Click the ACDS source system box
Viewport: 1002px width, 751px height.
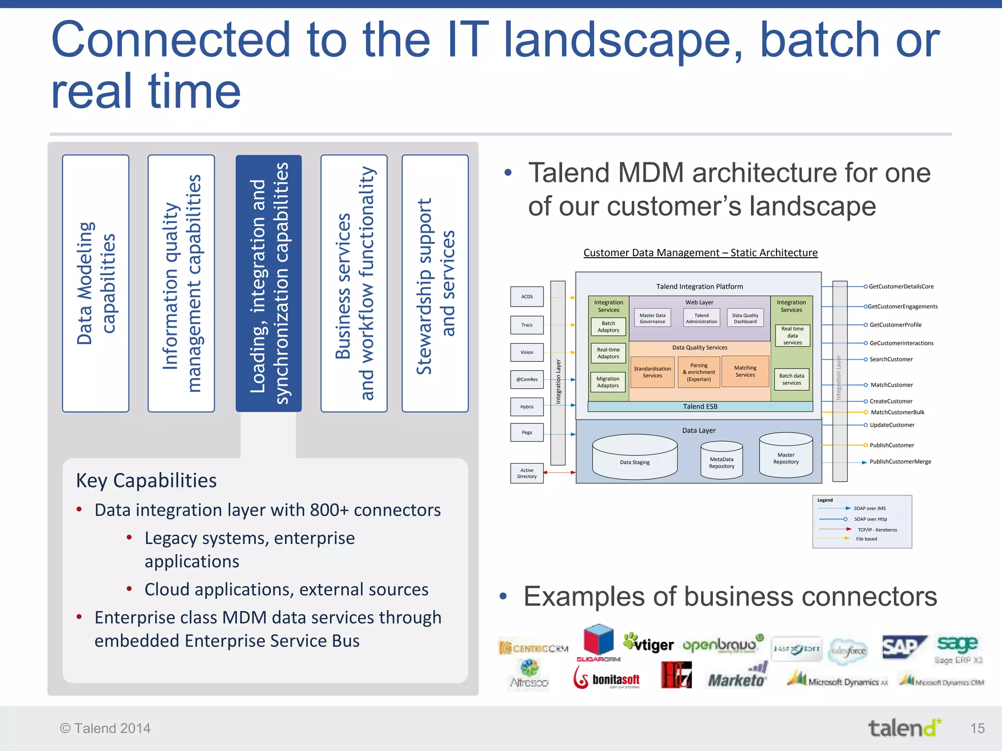coord(527,296)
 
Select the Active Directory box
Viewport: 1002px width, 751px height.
coord(527,473)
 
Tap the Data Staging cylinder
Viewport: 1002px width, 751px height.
coord(635,457)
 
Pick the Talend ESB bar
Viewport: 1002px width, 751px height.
coord(700,406)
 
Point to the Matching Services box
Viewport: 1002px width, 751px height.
coord(745,372)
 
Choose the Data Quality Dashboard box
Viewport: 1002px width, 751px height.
coord(745,318)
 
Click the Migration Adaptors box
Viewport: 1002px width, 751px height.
coord(608,382)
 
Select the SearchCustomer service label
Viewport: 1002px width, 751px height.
coord(891,359)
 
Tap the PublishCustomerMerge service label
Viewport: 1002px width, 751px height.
coord(900,462)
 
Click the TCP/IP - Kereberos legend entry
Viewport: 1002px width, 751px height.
coord(877,530)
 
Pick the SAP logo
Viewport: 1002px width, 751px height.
coord(904,648)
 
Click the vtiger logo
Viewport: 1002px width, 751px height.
coord(648,644)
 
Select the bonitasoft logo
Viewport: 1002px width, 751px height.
coord(607,679)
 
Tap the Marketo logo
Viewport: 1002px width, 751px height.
coord(737,677)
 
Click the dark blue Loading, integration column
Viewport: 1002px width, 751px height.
coord(269,284)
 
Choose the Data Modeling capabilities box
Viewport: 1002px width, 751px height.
coord(96,284)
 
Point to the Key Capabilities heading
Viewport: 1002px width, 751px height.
coord(146,481)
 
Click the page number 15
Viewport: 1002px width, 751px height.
coord(977,729)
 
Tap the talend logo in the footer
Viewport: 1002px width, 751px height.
coord(904,728)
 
